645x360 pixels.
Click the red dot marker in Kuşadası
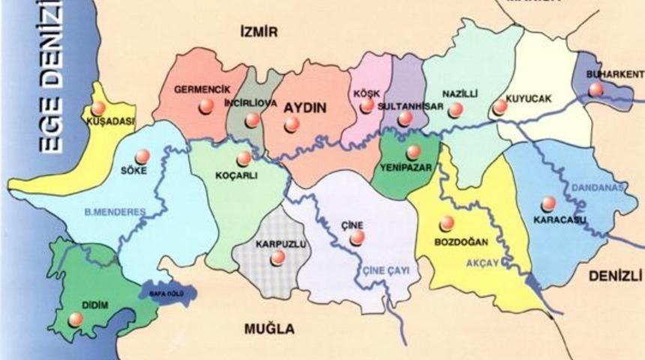point(98,108)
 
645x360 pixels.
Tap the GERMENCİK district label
point(201,89)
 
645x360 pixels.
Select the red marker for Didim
point(76,319)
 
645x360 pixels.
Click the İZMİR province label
point(258,31)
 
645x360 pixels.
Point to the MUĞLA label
point(269,328)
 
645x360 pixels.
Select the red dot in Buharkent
point(595,89)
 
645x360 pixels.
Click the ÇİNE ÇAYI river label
point(385,271)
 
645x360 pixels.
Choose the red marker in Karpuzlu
point(278,257)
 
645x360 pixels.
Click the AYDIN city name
point(305,107)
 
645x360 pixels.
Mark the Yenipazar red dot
point(413,152)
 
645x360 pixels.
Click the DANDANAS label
point(598,187)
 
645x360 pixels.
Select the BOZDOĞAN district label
point(461,241)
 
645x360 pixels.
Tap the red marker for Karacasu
point(548,203)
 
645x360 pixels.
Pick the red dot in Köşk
point(367,105)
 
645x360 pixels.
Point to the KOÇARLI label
point(236,178)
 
